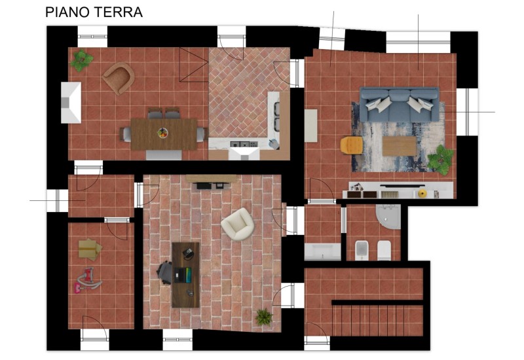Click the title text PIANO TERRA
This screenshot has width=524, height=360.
point(94,12)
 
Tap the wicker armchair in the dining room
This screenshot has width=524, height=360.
point(119,77)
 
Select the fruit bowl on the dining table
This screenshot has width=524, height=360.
point(162,132)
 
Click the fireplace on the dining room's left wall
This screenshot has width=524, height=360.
point(71,103)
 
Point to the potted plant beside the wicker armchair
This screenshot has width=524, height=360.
point(82,60)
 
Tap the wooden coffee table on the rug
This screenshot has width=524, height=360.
point(399,145)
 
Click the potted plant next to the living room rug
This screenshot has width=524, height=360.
point(441,158)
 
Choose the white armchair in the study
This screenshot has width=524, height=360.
point(236,224)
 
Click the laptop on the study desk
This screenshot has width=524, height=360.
point(189,253)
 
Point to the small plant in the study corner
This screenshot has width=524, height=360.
point(263,317)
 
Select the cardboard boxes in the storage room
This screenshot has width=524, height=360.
point(89,248)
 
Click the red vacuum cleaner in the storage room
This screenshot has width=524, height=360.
point(88,281)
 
